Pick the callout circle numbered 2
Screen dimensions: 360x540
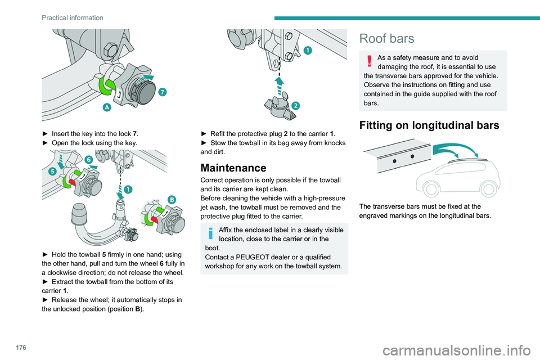(295, 105)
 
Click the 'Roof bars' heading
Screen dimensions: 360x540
(387, 38)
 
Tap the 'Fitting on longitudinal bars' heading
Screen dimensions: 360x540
(429, 125)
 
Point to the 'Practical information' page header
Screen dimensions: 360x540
(65, 17)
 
